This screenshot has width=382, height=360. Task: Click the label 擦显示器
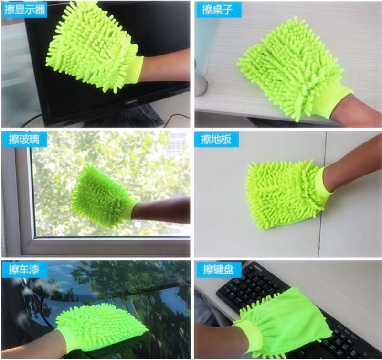tap(25, 10)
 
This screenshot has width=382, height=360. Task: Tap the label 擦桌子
tap(217, 10)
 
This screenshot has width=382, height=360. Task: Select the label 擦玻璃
tap(24, 140)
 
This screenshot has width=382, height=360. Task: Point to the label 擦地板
tap(216, 140)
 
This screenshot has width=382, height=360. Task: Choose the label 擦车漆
tap(24, 270)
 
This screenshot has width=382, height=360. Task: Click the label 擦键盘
tap(219, 270)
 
